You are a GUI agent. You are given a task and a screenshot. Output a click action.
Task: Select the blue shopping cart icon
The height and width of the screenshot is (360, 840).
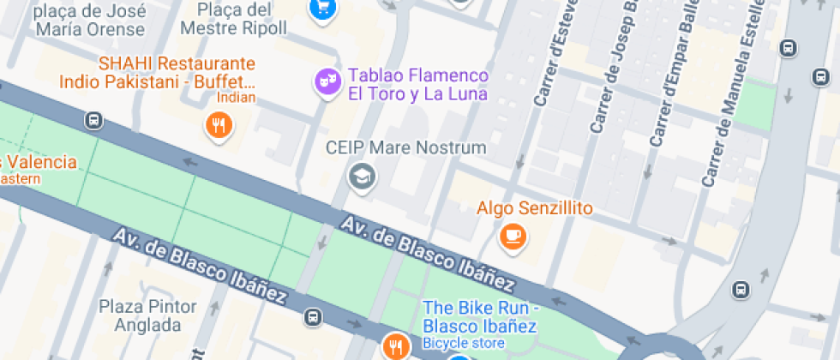pyautogui.click(x=322, y=8)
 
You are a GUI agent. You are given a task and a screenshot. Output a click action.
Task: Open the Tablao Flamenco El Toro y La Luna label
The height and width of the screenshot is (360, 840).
pyautogui.click(x=417, y=85)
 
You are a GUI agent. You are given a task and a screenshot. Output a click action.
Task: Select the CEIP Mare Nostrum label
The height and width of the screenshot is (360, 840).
pyautogui.click(x=405, y=147)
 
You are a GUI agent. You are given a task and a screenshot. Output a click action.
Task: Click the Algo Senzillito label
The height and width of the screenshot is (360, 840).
pyautogui.click(x=535, y=208)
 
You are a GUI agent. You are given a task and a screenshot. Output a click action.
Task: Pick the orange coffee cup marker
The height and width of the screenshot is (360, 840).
pyautogui.click(x=513, y=236)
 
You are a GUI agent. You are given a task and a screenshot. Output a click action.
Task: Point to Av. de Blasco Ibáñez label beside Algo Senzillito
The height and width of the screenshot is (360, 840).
pyautogui.click(x=429, y=254)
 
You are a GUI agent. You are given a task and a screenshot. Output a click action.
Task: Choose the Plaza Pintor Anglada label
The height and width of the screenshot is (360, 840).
pyautogui.click(x=140, y=315)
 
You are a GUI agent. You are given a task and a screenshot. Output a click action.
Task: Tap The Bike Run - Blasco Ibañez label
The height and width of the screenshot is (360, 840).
pyautogui.click(x=480, y=317)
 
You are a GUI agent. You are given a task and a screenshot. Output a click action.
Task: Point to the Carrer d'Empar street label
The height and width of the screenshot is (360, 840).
pyautogui.click(x=672, y=77)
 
